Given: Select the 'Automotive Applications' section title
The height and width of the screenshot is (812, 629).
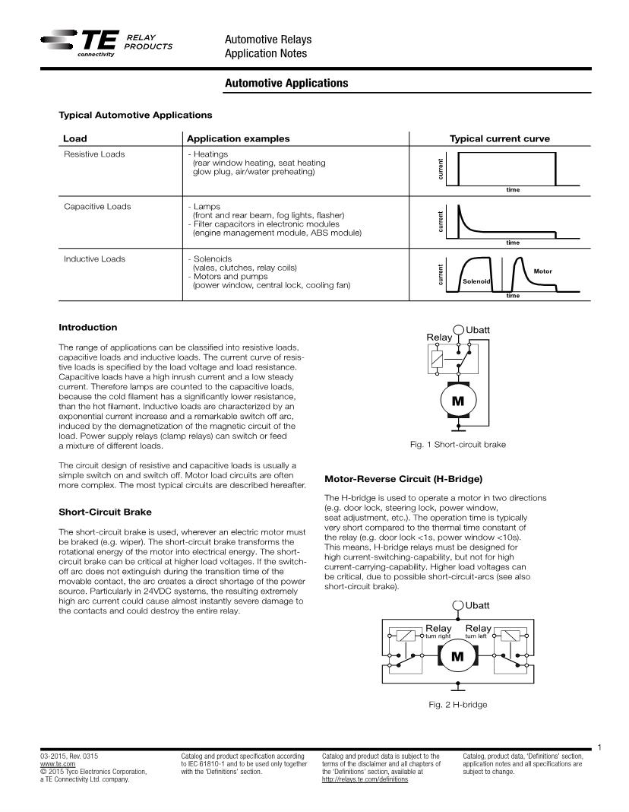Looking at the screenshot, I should click(x=286, y=83).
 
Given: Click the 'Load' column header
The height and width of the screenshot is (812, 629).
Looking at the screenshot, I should click(x=75, y=138).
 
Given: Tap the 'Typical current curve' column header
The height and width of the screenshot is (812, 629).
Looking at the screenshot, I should click(x=499, y=138).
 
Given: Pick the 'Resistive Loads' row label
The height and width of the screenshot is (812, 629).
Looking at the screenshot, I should click(x=94, y=154).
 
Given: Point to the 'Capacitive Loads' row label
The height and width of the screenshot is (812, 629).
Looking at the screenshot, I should click(x=97, y=206).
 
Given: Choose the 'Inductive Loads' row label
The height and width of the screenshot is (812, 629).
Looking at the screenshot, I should click(x=94, y=259).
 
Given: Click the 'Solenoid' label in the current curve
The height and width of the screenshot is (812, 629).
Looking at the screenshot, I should click(x=476, y=281).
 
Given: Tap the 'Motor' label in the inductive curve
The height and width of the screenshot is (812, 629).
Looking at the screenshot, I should click(x=542, y=271).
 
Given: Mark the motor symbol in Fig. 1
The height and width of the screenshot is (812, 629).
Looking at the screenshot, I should click(x=458, y=401).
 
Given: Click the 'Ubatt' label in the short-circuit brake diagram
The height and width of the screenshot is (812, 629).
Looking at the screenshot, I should click(x=478, y=329).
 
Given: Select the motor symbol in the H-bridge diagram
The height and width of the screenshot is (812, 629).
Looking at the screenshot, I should click(x=457, y=656).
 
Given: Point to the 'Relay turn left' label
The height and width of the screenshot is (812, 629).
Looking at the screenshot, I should click(x=478, y=631).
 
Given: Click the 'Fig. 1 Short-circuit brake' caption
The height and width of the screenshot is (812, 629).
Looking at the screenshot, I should click(x=457, y=445).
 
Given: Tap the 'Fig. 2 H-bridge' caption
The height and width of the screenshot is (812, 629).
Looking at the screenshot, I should click(x=457, y=704).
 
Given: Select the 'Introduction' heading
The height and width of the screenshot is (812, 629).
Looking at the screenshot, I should click(x=88, y=328).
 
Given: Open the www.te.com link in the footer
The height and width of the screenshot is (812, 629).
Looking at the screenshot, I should click(x=58, y=763).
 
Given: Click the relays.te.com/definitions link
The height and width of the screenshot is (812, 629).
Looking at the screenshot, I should click(x=365, y=779).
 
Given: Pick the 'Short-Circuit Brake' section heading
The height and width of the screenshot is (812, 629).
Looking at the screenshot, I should click(x=110, y=512).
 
